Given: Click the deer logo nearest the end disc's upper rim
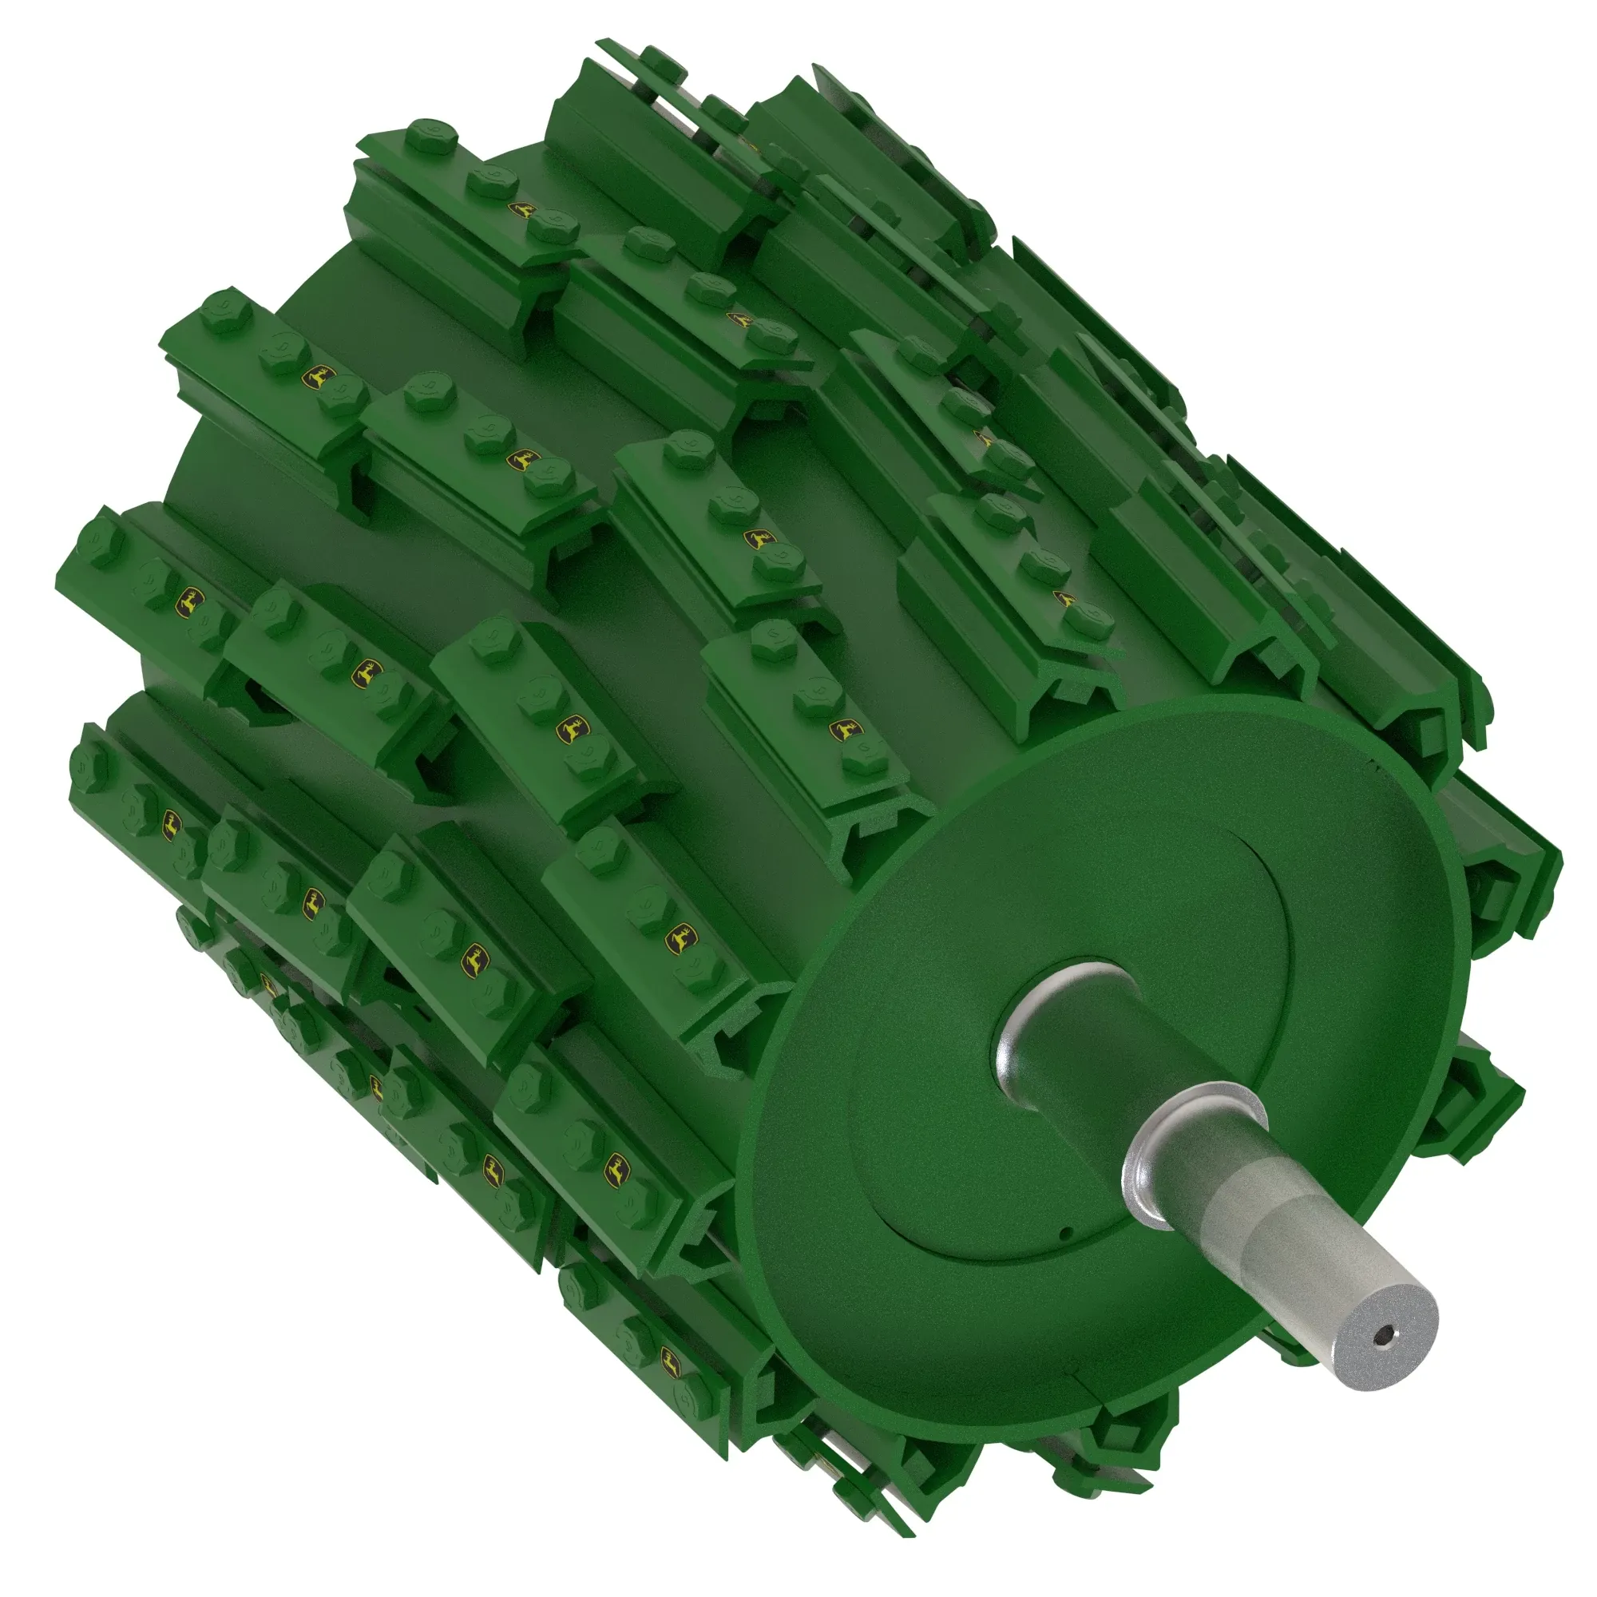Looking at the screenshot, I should point(845,731).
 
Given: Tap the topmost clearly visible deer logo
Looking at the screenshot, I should point(522,210).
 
